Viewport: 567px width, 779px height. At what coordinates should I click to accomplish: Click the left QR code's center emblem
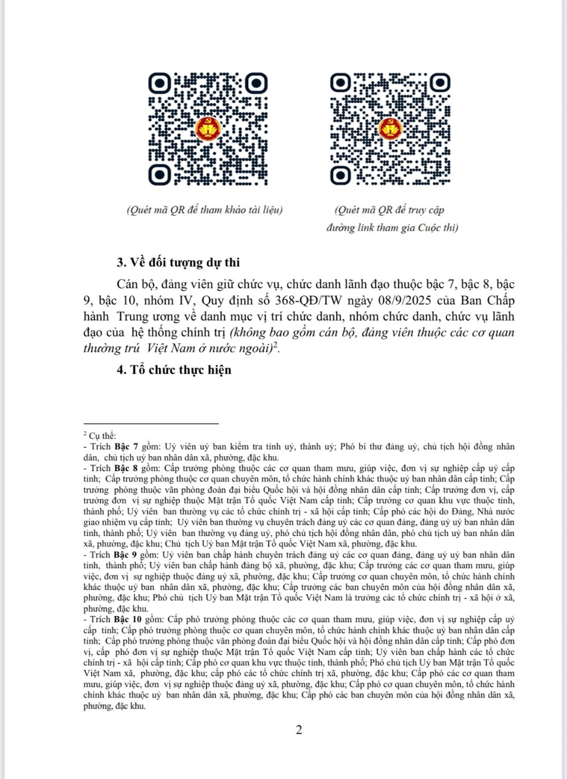point(208,129)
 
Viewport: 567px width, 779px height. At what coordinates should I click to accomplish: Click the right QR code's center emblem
point(390,128)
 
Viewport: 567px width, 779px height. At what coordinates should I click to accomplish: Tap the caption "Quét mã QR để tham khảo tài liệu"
point(205,210)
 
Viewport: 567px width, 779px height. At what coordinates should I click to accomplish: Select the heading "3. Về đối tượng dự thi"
point(178,262)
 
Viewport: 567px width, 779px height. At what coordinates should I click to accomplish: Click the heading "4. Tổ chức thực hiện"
point(174,370)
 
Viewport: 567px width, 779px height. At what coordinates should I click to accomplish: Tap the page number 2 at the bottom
point(299,730)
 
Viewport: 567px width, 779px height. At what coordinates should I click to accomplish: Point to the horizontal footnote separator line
point(151,424)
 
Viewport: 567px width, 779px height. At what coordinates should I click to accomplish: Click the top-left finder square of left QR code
point(159,83)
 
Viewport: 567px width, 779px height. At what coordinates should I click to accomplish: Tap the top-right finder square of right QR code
point(440,83)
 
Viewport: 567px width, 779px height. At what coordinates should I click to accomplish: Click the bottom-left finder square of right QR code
point(341,174)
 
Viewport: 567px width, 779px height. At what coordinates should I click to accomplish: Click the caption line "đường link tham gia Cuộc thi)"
point(392,227)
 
